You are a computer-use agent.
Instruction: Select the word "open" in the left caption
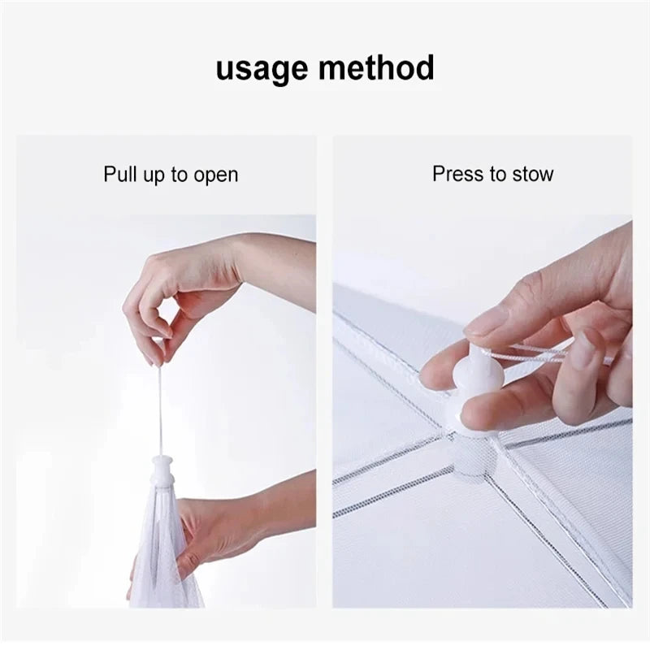(216, 175)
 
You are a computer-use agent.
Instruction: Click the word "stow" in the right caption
(531, 174)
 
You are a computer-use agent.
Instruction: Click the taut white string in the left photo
(162, 406)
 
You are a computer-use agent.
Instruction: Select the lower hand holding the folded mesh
(219, 528)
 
